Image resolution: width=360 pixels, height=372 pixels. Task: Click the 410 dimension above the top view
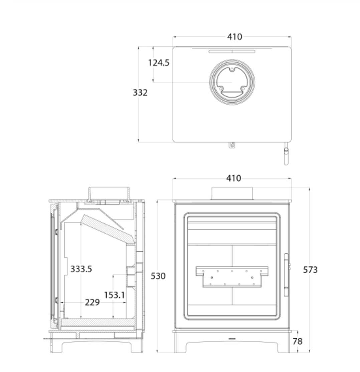pyautogui.click(x=234, y=37)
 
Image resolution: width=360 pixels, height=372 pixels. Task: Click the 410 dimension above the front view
pyautogui.click(x=234, y=178)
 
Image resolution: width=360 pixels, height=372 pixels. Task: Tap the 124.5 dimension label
pyautogui.click(x=159, y=63)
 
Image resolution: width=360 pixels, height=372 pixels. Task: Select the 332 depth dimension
pyautogui.click(x=140, y=92)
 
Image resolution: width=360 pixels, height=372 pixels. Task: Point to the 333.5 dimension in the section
pyautogui.click(x=81, y=269)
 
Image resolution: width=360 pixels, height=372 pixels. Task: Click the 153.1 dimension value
pyautogui.click(x=115, y=295)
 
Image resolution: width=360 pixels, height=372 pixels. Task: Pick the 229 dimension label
pyautogui.click(x=92, y=302)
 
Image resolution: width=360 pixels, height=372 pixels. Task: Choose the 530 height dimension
pyautogui.click(x=158, y=276)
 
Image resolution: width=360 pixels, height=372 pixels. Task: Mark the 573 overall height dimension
pyautogui.click(x=310, y=270)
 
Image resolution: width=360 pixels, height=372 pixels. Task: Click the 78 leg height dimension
pyautogui.click(x=297, y=341)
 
